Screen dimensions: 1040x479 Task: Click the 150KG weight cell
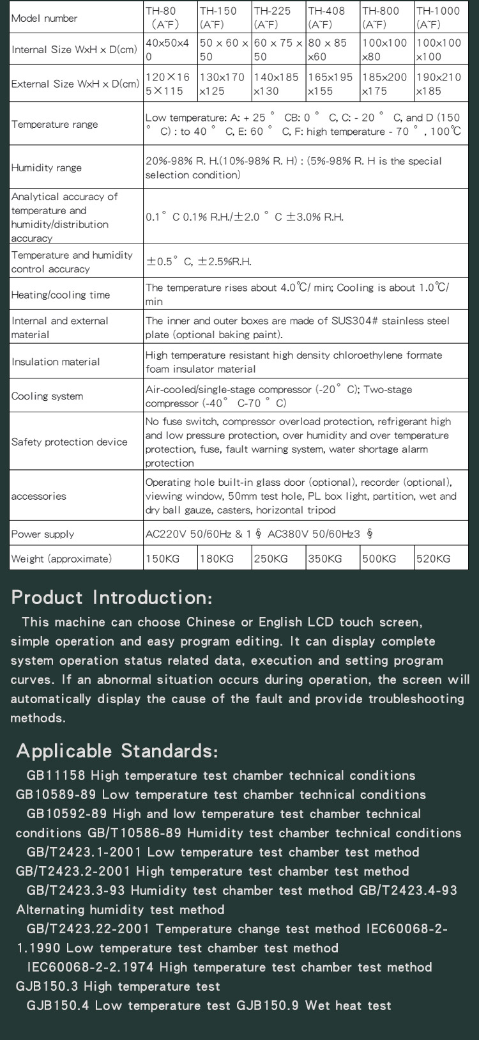click(x=163, y=559)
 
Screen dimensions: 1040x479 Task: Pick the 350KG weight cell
click(x=325, y=559)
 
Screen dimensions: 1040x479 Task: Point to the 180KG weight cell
click(x=217, y=559)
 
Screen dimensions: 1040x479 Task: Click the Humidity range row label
click(x=47, y=167)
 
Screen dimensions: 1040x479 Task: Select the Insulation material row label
click(x=56, y=362)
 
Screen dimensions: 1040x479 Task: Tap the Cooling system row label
click(x=47, y=396)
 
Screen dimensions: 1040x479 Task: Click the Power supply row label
click(x=43, y=534)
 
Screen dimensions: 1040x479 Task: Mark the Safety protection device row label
click(x=69, y=442)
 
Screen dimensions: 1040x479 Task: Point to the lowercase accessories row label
click(x=38, y=496)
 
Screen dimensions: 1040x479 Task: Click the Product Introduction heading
click(x=112, y=598)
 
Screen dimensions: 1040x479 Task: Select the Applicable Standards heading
click(x=117, y=750)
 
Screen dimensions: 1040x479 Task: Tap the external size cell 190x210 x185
click(x=438, y=84)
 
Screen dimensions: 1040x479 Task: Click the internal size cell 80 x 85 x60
click(x=327, y=50)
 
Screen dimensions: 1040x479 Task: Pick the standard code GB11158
click(x=56, y=775)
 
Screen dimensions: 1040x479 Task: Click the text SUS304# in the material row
click(x=354, y=321)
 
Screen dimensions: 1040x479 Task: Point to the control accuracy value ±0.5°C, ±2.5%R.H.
click(x=199, y=261)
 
